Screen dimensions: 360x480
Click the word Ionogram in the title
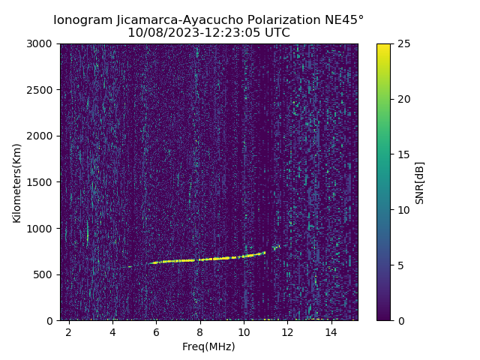coord(82,20)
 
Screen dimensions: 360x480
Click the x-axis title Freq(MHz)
coord(208,346)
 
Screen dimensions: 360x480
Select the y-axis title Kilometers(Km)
coord(17,182)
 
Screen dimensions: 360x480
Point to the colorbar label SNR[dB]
coord(420,182)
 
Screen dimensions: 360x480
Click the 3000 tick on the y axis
coord(43,43)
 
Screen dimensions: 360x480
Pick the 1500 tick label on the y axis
coord(43,182)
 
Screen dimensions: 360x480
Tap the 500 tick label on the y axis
coord(46,274)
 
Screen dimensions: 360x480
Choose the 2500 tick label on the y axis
coord(43,90)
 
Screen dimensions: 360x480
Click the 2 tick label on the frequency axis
coord(69,331)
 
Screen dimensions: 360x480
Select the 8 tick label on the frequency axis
coord(200,331)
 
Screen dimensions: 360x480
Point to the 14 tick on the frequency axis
coord(331,331)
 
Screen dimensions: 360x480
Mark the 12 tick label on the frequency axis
coord(287,331)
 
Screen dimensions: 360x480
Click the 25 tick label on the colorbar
coord(403,43)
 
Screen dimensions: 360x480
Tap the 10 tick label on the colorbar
coord(403,210)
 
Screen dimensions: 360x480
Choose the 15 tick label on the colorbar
coord(403,154)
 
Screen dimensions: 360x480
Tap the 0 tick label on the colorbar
coord(400,320)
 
